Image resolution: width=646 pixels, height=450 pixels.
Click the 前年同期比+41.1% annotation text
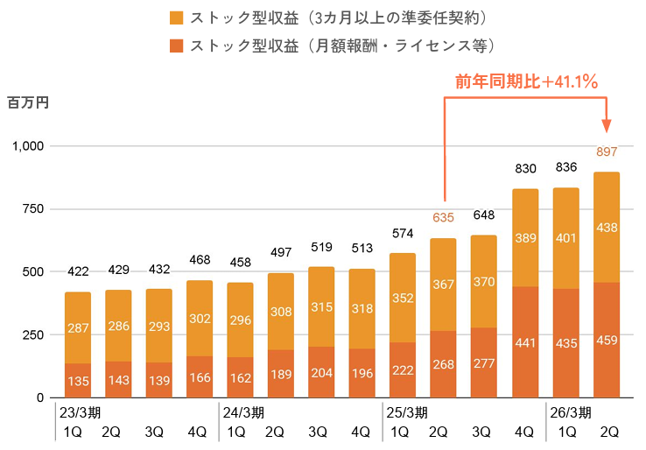[526, 83]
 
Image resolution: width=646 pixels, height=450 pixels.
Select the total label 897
[606, 151]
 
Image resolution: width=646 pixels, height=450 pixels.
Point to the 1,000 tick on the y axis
[26, 146]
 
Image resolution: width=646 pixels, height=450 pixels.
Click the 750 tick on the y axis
[32, 209]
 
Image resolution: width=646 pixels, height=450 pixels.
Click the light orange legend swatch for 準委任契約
[175, 18]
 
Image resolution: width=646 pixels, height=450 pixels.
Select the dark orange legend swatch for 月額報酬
[175, 45]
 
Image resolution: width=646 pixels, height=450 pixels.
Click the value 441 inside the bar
[524, 343]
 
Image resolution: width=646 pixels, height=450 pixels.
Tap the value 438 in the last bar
[606, 227]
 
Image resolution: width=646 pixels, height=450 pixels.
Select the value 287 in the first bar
[78, 328]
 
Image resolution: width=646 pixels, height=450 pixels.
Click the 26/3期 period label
[568, 412]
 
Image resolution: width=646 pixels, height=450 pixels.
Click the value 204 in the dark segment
[321, 373]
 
